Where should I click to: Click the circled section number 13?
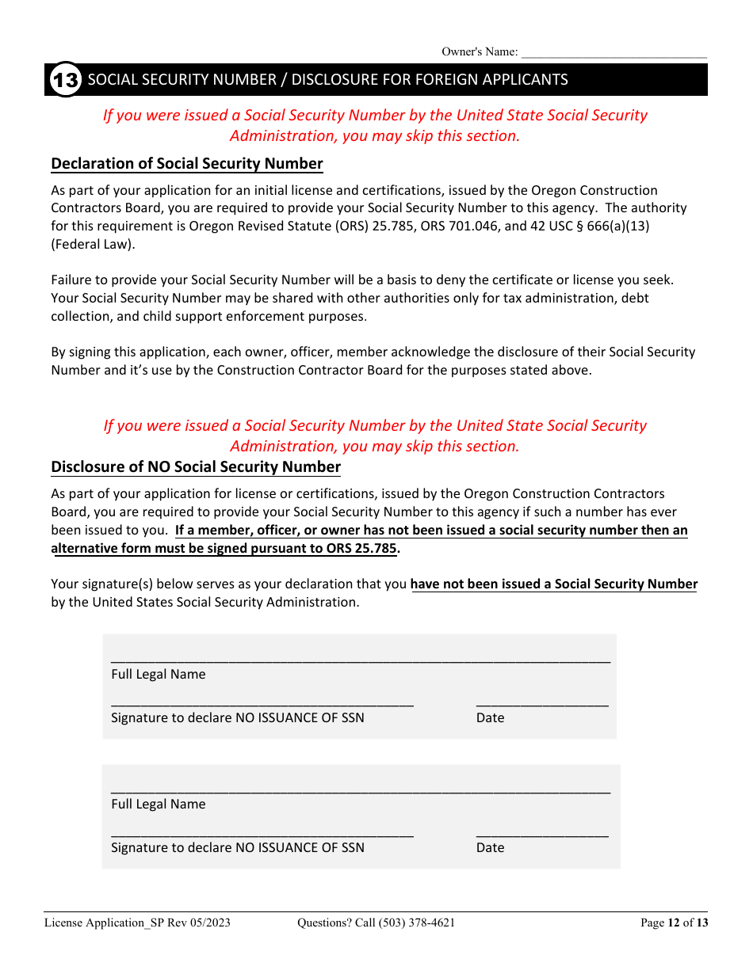tap(65, 80)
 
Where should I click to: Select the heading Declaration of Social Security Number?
tap(187, 164)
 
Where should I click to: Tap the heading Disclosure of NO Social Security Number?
tap(196, 467)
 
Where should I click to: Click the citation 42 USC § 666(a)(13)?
tap(599, 226)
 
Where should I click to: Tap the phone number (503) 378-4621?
tap(417, 923)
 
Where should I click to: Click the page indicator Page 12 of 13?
tap(674, 923)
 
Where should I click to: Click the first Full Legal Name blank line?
tap(361, 659)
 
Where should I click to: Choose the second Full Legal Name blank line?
tap(361, 789)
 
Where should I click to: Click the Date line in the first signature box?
tap(542, 702)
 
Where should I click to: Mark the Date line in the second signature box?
tap(542, 833)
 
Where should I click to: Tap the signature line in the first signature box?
tap(262, 702)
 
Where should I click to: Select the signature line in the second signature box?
tap(262, 833)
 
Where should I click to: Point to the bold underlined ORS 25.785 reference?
tap(361, 548)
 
